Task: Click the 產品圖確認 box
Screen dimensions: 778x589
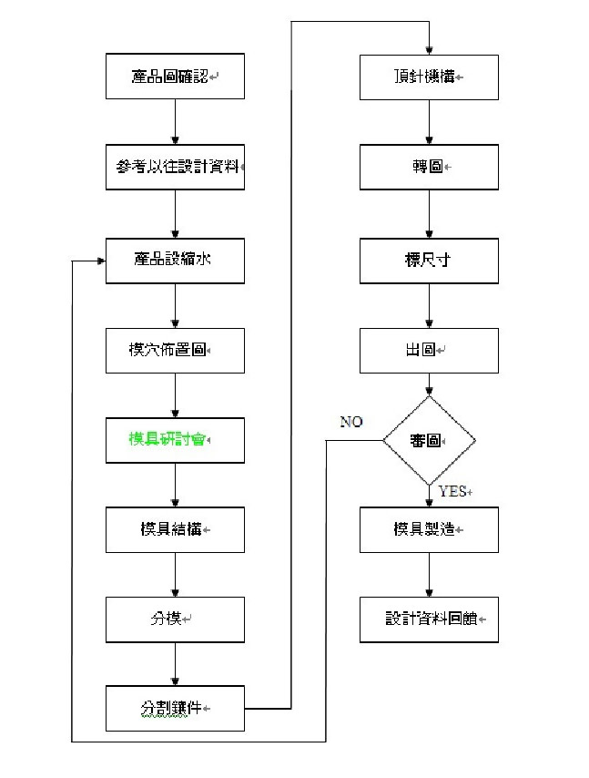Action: pos(175,77)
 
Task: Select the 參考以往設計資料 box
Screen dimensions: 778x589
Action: pos(175,168)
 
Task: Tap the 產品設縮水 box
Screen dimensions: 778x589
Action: pos(175,259)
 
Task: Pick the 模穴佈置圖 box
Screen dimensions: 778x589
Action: pos(175,350)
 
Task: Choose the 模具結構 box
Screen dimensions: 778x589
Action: pos(175,529)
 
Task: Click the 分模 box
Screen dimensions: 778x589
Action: pos(175,619)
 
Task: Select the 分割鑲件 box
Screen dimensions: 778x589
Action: pos(175,708)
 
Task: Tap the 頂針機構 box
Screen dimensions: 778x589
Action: pos(429,77)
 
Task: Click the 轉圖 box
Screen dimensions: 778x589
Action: pos(429,168)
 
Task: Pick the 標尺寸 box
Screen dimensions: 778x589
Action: pos(429,259)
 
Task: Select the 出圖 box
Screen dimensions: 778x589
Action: pos(429,350)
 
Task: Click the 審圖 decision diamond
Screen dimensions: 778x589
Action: pos(429,440)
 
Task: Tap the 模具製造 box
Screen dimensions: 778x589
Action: pos(429,529)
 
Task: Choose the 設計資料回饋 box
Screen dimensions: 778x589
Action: pos(429,619)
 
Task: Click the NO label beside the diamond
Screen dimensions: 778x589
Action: pos(352,422)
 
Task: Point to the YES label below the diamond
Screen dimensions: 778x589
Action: pos(452,491)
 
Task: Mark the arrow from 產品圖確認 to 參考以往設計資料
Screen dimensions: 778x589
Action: pos(175,122)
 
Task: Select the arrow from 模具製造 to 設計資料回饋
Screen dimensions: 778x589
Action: pos(429,575)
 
